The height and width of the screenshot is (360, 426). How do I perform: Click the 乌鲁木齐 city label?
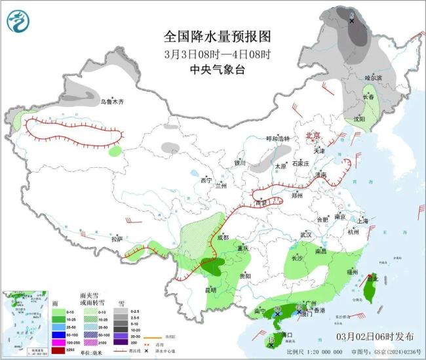click(111, 102)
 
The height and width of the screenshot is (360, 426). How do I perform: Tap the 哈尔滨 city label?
click(372, 77)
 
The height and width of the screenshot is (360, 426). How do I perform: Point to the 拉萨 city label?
click(117, 239)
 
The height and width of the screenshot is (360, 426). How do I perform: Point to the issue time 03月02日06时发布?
click(376, 336)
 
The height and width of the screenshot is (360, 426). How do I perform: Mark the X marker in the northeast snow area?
click(351, 21)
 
